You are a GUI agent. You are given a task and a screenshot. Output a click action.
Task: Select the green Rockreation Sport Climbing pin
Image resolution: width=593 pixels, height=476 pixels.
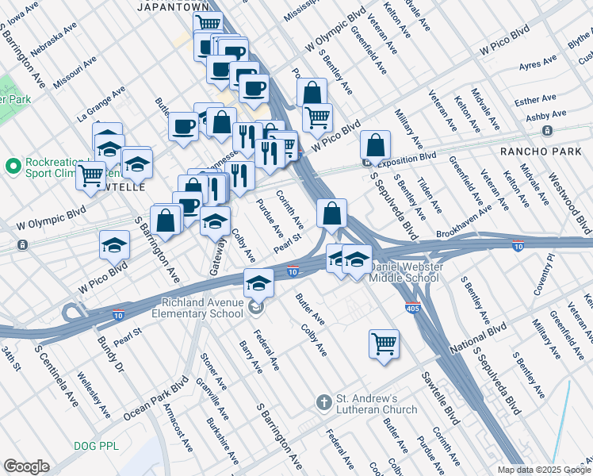pos(13,167)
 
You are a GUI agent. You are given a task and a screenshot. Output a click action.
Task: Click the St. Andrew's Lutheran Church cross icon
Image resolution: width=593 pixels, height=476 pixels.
pos(323,402)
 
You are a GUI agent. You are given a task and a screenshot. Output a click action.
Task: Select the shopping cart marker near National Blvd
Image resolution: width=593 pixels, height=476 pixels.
pos(384,344)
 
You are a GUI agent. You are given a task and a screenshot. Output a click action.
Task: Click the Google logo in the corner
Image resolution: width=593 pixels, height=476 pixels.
pos(26,466)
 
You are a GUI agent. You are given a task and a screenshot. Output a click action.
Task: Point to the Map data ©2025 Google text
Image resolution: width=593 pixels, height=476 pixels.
pos(543,470)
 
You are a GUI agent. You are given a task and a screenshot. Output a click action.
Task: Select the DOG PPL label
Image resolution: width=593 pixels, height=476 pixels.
pos(96,446)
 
